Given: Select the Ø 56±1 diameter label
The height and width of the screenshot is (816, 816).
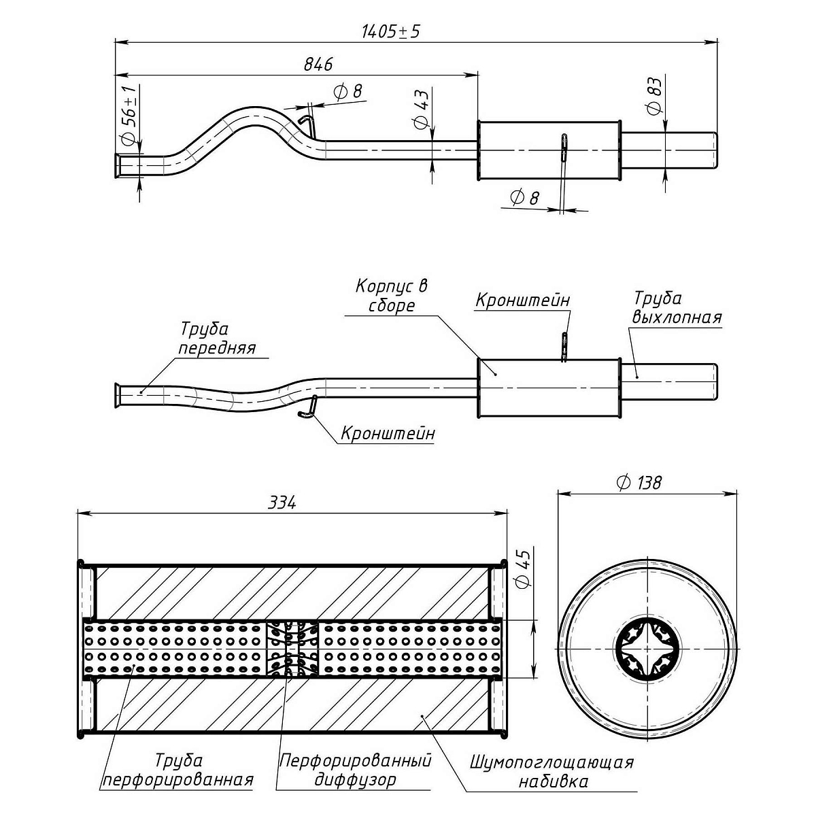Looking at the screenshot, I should coord(129,116).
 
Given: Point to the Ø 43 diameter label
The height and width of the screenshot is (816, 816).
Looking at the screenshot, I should coord(420,109).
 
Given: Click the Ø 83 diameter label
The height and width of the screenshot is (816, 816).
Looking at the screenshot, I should coord(653,96).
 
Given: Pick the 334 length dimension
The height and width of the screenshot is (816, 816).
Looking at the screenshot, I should coord(282,503).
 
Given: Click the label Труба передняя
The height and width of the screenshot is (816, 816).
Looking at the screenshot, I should coord(217,338).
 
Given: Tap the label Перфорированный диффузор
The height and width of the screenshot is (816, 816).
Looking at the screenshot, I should coord(356,769).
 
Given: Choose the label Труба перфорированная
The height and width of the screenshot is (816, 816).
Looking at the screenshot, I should coord(178,770).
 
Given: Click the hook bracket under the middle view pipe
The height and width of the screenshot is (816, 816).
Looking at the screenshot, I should coord(307,408).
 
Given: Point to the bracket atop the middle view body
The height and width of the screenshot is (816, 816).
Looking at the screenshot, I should coord(564,345).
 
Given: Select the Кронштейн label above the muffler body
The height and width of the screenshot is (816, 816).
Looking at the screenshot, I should coord(522,300).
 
